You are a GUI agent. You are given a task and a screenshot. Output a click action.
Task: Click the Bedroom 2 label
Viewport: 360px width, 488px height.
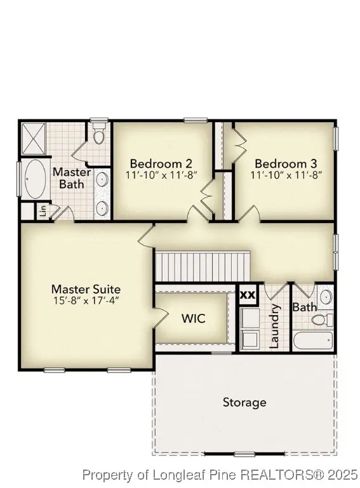click(x=161, y=163)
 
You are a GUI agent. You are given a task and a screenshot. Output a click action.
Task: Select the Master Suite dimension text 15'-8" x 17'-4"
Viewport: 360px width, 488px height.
click(x=86, y=301)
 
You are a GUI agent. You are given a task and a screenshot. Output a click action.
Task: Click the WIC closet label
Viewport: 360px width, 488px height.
click(x=193, y=318)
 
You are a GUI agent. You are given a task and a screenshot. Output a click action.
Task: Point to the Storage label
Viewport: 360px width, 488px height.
click(x=244, y=402)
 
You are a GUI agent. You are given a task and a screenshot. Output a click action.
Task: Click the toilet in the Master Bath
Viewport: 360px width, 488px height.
click(x=98, y=135)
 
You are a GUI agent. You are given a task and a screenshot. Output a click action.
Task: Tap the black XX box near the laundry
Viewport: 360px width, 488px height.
click(x=248, y=295)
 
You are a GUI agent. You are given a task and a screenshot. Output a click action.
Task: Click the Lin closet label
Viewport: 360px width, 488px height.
click(x=43, y=210)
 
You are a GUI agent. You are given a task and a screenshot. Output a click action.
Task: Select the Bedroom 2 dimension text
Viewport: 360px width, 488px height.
click(x=161, y=175)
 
